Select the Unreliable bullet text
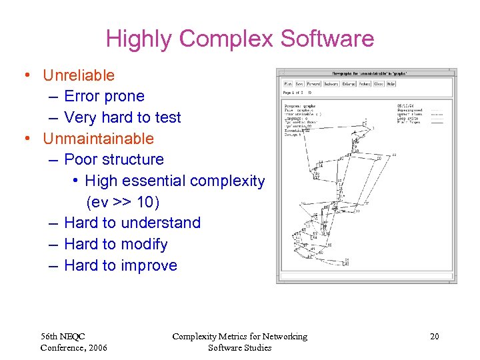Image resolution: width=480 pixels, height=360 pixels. pos(79,75)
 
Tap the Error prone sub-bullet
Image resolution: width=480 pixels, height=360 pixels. pos(104,96)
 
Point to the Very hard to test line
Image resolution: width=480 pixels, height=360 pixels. pos(122,117)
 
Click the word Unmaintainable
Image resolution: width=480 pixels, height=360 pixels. pos(98,139)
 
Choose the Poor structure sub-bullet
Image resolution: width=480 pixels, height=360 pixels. pos(114,159)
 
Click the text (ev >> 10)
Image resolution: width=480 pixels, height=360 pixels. pos(123,201)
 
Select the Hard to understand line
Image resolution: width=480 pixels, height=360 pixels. pos(132,223)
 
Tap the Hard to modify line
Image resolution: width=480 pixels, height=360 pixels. pos(116,244)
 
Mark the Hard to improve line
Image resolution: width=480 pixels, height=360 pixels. pos(121,265)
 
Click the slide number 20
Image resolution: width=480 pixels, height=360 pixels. pos(434,337)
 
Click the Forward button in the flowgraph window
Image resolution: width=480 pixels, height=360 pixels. pos(313,84)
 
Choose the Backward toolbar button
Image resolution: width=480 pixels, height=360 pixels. pos(331,84)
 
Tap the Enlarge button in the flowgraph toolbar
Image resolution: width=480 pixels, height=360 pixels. pos(349,84)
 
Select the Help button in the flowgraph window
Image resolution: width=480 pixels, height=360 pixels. pos(391,84)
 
